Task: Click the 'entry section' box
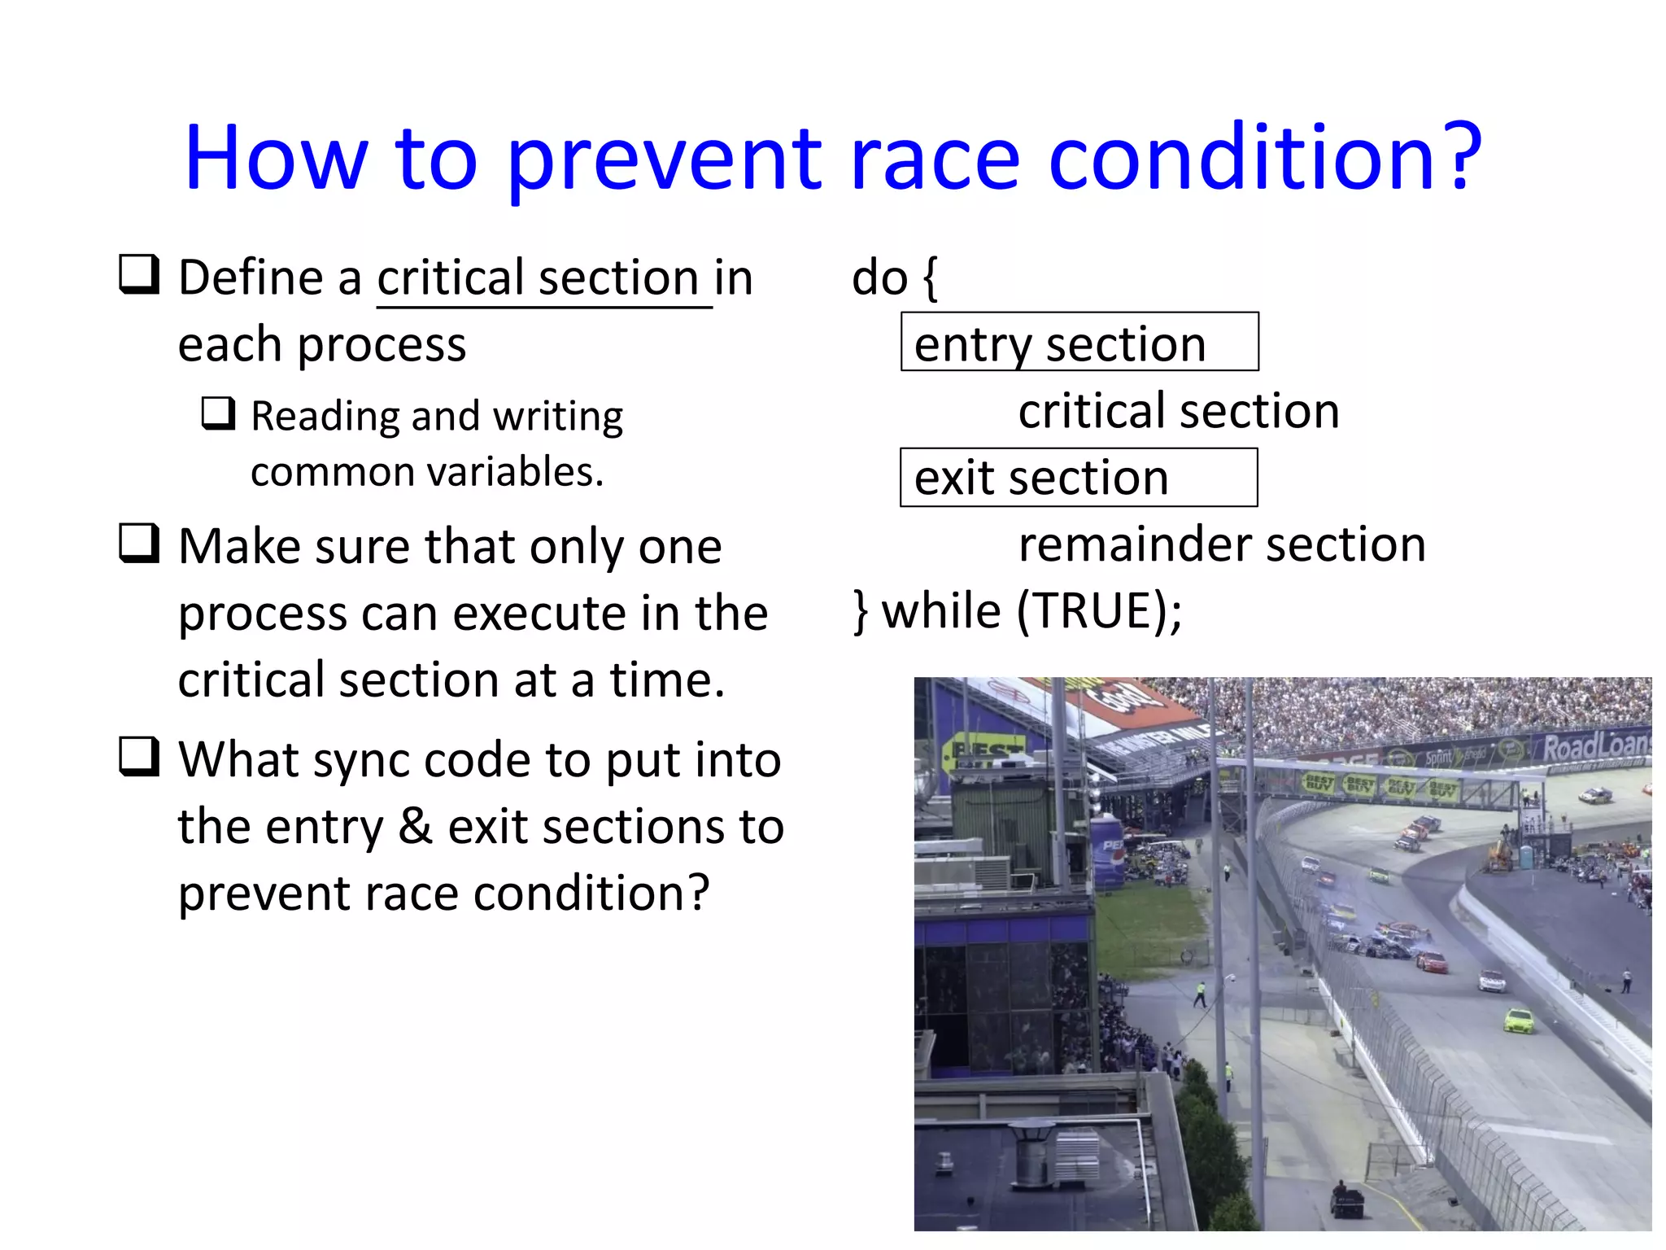1079,343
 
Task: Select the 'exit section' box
1078,478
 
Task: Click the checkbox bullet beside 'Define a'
139,274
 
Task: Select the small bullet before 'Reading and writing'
218,413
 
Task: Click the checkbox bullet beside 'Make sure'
139,543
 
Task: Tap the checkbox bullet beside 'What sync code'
139,757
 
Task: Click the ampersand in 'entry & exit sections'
416,827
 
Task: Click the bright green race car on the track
1518,1021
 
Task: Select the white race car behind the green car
1491,981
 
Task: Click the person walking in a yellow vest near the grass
1200,994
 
